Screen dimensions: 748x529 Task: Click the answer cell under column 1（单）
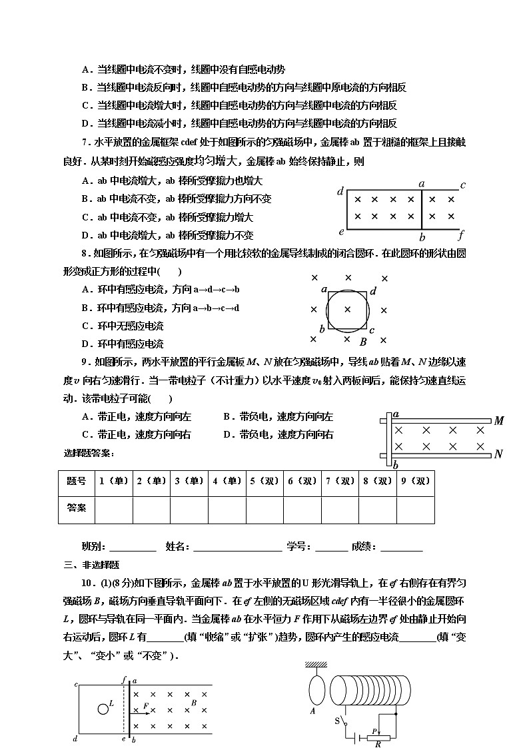click(x=114, y=510)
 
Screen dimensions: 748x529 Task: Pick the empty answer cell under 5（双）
click(x=264, y=510)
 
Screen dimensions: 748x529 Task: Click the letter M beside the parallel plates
click(x=498, y=420)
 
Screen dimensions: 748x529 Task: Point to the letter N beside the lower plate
click(x=498, y=455)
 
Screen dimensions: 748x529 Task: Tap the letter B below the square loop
click(x=363, y=342)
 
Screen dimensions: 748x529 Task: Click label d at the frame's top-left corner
click(x=340, y=192)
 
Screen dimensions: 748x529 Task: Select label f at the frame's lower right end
click(x=460, y=234)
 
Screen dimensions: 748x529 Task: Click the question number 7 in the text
click(x=84, y=142)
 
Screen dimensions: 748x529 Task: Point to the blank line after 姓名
click(x=237, y=548)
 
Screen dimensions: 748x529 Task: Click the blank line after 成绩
click(x=400, y=548)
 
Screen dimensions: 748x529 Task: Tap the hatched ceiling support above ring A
click(x=318, y=664)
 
